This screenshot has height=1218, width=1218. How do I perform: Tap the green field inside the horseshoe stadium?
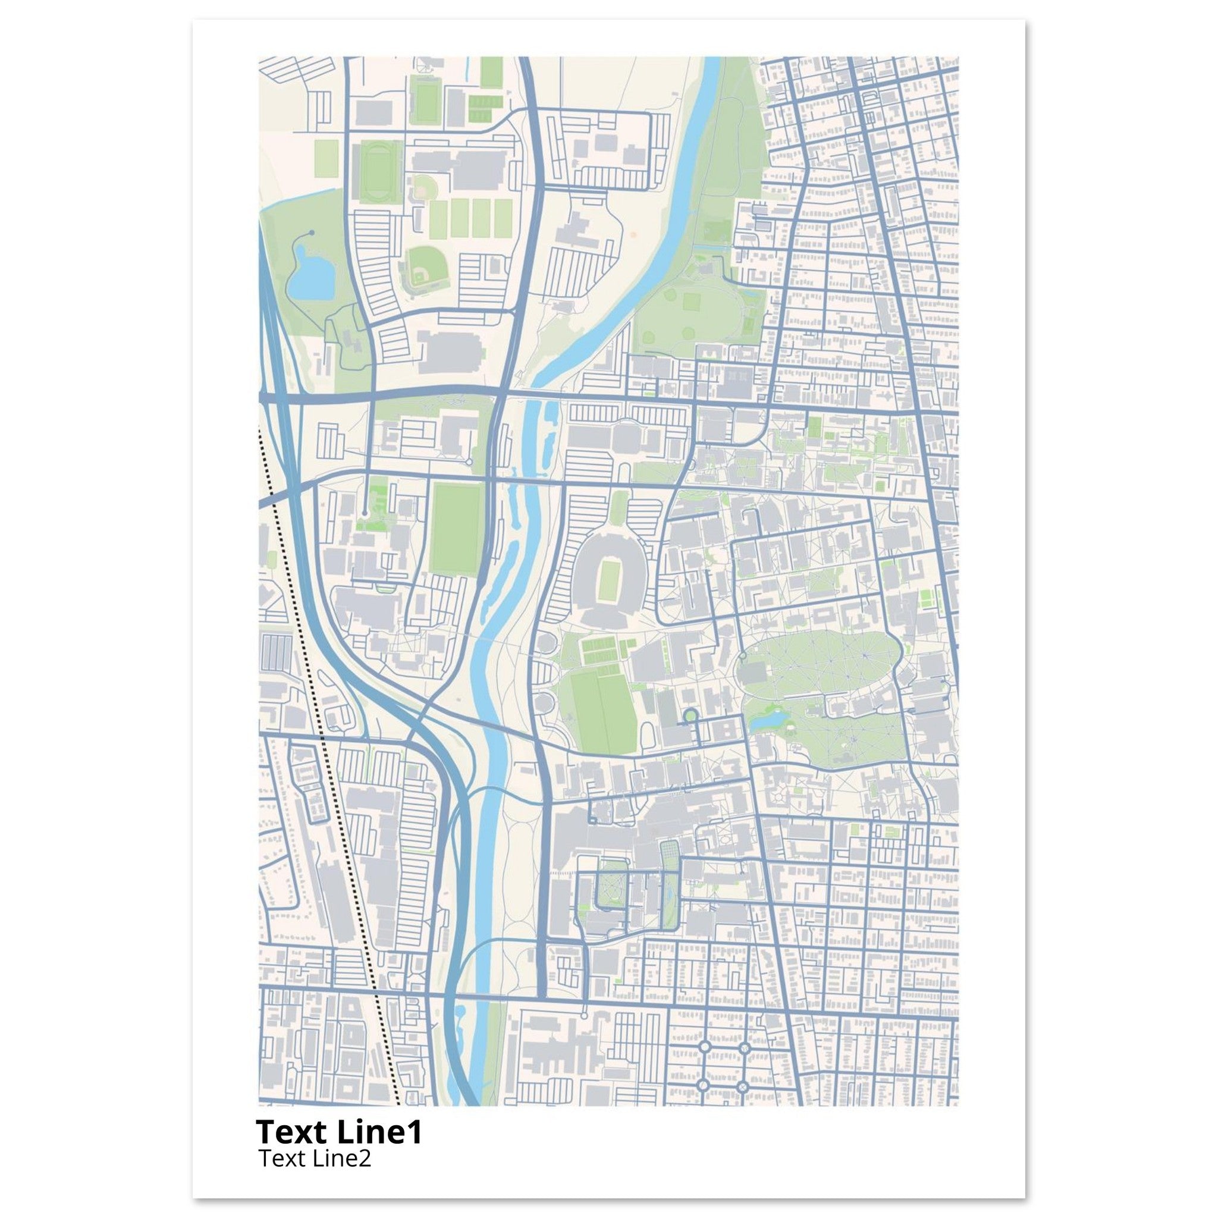click(x=609, y=580)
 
